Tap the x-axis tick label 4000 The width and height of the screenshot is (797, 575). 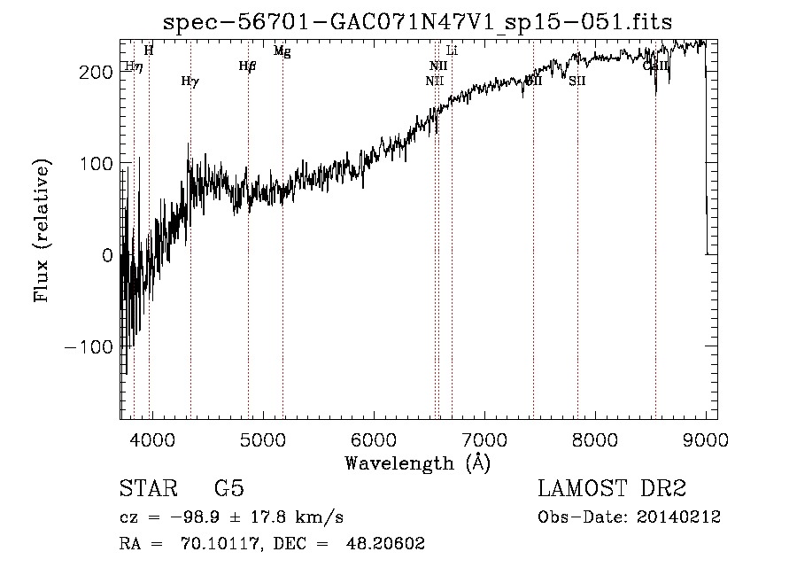(x=151, y=440)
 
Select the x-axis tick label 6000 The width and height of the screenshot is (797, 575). (x=373, y=440)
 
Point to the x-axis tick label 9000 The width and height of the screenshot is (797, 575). (x=705, y=440)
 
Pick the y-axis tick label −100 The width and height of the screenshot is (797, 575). (x=89, y=346)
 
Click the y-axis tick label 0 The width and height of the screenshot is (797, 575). (x=106, y=255)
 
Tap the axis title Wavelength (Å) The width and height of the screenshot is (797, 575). (x=417, y=462)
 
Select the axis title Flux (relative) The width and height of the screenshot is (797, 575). (x=43, y=230)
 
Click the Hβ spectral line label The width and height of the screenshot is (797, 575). (x=247, y=66)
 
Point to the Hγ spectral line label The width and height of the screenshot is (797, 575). (x=190, y=82)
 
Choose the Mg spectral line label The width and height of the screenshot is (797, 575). (x=282, y=51)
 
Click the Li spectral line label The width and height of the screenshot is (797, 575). (x=452, y=51)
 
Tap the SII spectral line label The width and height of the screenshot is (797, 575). (x=577, y=81)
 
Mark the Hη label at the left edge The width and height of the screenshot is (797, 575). (x=132, y=66)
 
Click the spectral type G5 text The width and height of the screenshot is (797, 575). (x=229, y=489)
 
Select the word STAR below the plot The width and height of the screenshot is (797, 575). (x=148, y=489)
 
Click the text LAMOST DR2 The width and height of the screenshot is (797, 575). (x=612, y=489)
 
